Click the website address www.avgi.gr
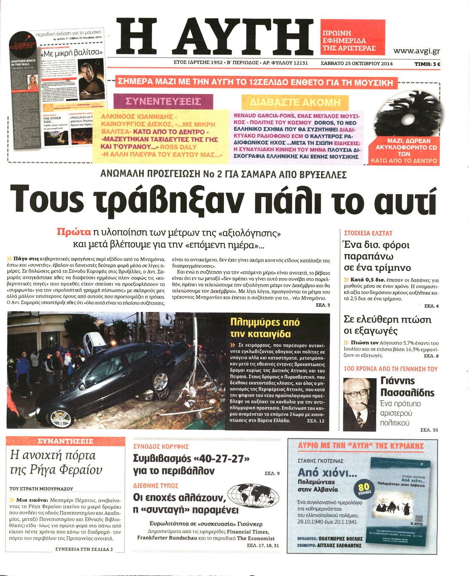[x=416, y=51]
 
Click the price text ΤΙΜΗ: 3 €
[x=427, y=64]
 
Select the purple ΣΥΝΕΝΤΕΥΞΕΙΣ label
[x=163, y=102]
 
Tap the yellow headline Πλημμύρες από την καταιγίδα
[x=265, y=328]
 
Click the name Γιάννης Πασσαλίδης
[x=407, y=386]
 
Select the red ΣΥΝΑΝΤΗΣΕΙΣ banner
[x=65, y=441]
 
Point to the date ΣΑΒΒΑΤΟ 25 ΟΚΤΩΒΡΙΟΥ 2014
[x=356, y=64]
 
